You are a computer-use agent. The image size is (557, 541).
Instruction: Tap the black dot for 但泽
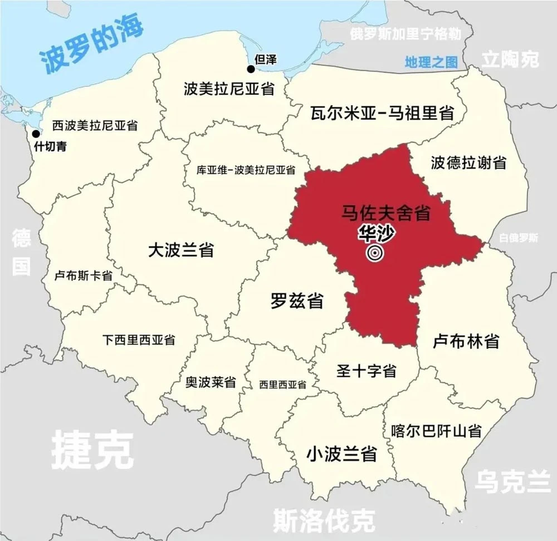coord(251,69)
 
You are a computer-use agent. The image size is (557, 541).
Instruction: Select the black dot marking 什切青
coord(36,134)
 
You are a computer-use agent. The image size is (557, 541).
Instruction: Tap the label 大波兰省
coord(181,250)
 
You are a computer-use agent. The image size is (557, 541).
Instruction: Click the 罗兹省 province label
coord(297,301)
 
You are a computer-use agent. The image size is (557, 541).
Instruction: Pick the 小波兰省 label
coord(341,454)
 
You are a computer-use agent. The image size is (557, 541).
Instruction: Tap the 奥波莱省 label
coord(211,382)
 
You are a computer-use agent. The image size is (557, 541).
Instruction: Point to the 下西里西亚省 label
coord(139,339)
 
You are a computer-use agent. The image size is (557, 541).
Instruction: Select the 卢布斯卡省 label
coord(84,275)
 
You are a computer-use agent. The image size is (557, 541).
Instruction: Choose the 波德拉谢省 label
coord(468,163)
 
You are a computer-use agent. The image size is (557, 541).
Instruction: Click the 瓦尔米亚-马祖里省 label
coord(382,113)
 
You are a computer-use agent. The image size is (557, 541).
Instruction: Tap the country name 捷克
coord(92,449)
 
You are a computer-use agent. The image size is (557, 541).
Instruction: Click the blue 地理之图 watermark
coord(431,62)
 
